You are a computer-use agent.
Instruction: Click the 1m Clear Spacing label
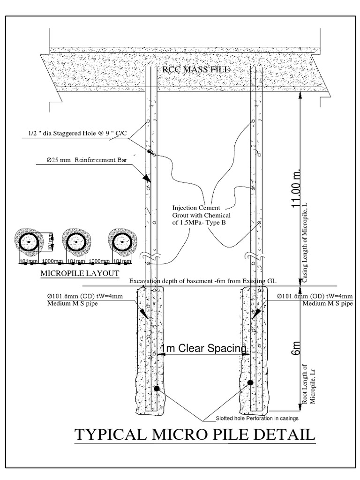(203, 348)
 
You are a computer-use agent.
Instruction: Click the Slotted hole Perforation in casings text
(257, 418)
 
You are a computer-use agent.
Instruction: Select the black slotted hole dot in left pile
(157, 388)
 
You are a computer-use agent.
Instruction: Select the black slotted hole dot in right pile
(250, 382)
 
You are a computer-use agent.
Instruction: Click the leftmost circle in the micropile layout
(29, 242)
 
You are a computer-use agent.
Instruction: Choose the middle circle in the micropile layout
(75, 242)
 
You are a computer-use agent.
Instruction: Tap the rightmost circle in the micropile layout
(122, 242)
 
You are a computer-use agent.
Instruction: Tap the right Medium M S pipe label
(327, 303)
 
